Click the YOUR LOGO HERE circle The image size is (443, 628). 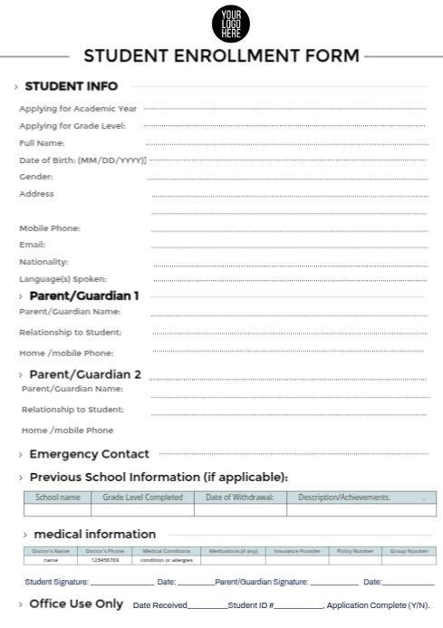point(230,23)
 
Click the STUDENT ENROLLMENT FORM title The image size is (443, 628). point(221,56)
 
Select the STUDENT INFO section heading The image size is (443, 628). point(71,87)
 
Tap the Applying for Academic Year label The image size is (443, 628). point(78,109)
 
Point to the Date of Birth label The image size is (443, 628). point(82,159)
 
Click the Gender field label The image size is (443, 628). point(35,177)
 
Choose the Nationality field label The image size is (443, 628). point(43,262)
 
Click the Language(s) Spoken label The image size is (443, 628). point(63,279)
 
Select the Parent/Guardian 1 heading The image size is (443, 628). point(84,295)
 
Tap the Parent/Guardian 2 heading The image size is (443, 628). point(85,374)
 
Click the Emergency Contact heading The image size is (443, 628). point(89,454)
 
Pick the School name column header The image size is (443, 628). point(57,498)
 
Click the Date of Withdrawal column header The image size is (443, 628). point(239,498)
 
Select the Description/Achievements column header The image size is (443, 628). point(344,498)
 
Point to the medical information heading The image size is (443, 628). point(95,534)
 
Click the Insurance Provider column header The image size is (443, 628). point(297,551)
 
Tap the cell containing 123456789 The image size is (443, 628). point(105,560)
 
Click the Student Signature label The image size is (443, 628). point(56,582)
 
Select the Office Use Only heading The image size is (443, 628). point(76,604)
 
